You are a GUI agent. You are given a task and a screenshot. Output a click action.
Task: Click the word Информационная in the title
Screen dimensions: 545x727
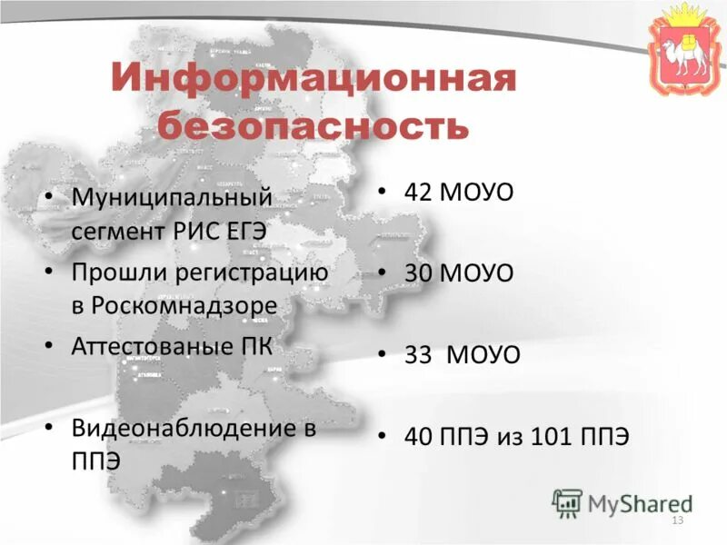tap(314, 79)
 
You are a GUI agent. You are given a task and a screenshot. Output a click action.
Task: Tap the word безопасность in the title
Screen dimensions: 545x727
tap(314, 124)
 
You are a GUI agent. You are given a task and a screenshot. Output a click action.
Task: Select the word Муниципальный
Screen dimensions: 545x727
tap(172, 196)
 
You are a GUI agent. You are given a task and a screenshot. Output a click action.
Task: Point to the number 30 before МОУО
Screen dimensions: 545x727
tap(420, 272)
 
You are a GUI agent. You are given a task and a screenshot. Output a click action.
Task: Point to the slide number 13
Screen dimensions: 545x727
tap(676, 520)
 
